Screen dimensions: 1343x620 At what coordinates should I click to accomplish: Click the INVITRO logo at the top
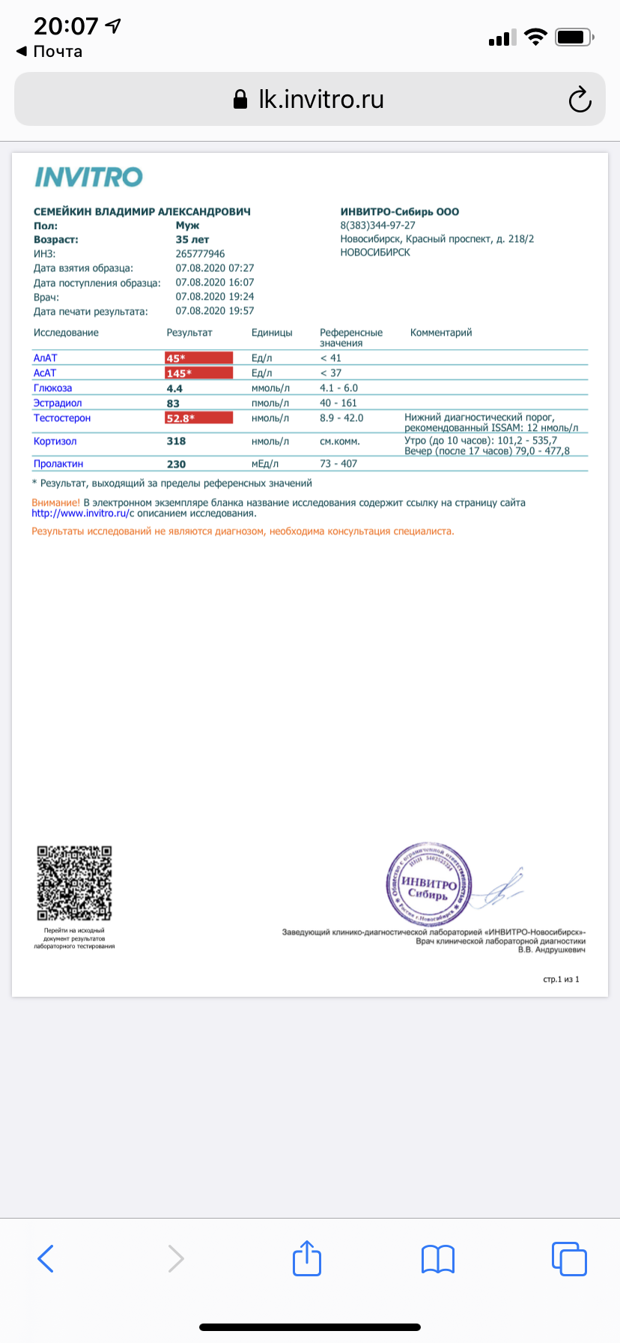click(88, 178)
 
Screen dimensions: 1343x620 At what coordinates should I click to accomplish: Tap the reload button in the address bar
click(580, 100)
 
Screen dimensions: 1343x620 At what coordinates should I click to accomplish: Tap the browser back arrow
click(46, 1258)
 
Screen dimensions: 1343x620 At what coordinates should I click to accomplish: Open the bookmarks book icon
click(438, 1259)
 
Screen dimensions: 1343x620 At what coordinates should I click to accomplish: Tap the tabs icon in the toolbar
click(568, 1258)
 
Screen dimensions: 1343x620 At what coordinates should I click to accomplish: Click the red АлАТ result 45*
click(198, 358)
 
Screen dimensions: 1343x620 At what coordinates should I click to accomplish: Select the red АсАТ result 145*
click(198, 373)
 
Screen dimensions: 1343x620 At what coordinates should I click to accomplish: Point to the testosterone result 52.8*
click(198, 418)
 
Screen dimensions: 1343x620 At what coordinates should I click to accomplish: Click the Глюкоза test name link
click(52, 388)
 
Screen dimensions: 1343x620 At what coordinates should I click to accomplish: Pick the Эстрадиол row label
click(58, 403)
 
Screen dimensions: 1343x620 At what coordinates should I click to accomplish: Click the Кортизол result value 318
click(176, 441)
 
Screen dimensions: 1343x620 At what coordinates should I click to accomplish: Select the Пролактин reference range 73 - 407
click(338, 464)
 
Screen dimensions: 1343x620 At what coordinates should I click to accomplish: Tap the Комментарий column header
click(441, 333)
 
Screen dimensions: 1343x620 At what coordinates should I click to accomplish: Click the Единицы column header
click(272, 333)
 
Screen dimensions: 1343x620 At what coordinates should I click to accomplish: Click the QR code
click(74, 883)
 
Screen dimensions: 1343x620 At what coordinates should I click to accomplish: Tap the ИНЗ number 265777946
click(200, 254)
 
